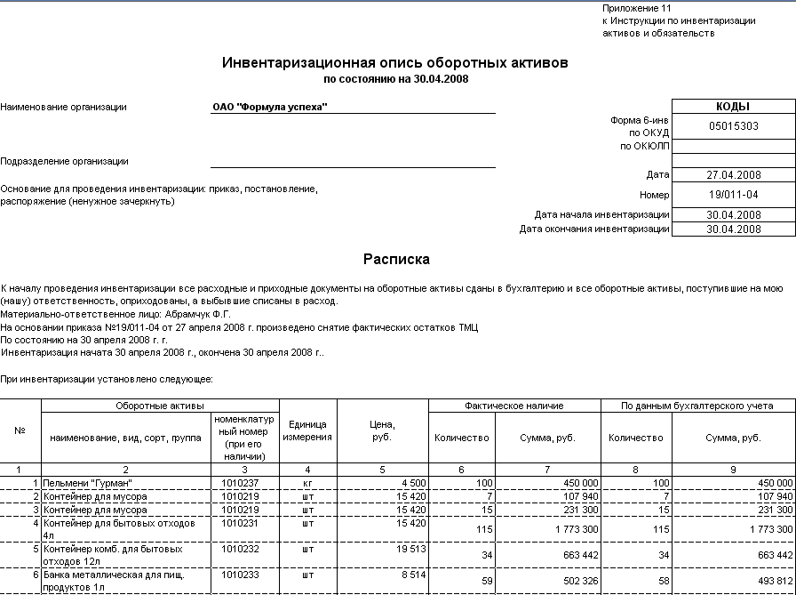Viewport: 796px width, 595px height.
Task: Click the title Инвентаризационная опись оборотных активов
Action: click(x=394, y=63)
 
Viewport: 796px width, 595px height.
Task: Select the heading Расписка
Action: click(x=396, y=260)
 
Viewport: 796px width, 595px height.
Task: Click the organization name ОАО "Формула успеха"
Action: click(x=270, y=108)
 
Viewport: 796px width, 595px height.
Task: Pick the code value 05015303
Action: click(x=734, y=126)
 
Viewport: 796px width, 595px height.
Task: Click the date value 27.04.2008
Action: click(x=734, y=175)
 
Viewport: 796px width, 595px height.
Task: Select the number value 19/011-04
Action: click(x=734, y=195)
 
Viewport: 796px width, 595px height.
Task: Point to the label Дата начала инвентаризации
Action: click(x=601, y=215)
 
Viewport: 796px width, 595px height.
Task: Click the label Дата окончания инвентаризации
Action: click(x=594, y=229)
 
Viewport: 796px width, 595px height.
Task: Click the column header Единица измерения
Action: click(x=307, y=431)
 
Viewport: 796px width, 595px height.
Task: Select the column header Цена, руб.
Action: click(x=382, y=431)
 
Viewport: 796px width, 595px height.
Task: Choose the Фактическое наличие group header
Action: click(x=514, y=406)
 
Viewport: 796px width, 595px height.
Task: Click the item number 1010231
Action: click(x=240, y=523)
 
